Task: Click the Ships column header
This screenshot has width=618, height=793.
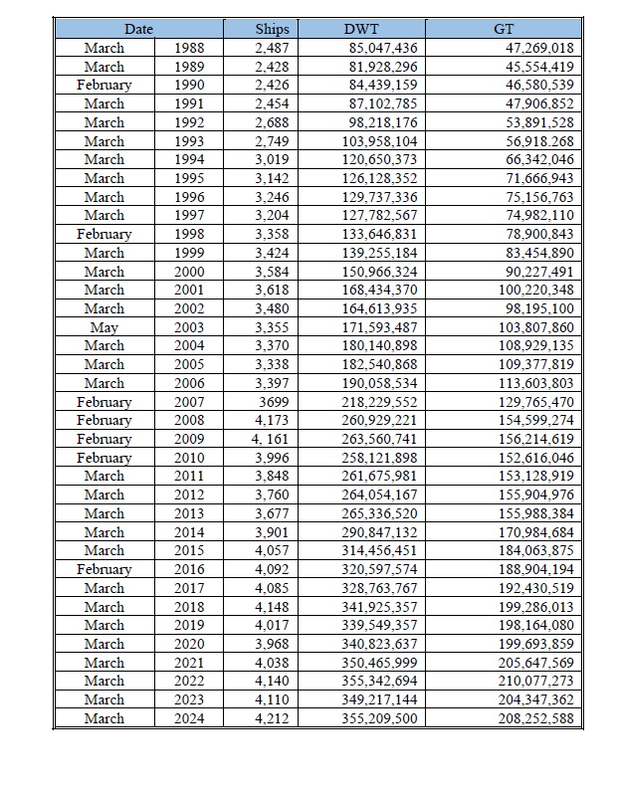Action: (x=272, y=29)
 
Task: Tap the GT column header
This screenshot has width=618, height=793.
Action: (x=504, y=29)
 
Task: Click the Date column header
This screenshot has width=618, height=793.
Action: (x=138, y=29)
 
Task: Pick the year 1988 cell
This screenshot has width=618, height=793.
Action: (x=189, y=48)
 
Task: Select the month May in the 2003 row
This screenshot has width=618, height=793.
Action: (x=104, y=327)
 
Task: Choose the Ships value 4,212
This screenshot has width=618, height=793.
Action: (x=272, y=717)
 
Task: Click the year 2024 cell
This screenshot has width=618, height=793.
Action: (x=189, y=717)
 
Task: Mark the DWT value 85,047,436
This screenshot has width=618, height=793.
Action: (x=382, y=48)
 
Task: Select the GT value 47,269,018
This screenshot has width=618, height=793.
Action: (x=538, y=48)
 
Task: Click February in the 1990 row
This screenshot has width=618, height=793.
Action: (x=104, y=85)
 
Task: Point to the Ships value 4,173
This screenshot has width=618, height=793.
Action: (x=272, y=420)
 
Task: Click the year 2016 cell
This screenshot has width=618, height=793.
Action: (x=189, y=569)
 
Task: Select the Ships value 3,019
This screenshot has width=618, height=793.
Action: (x=272, y=159)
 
